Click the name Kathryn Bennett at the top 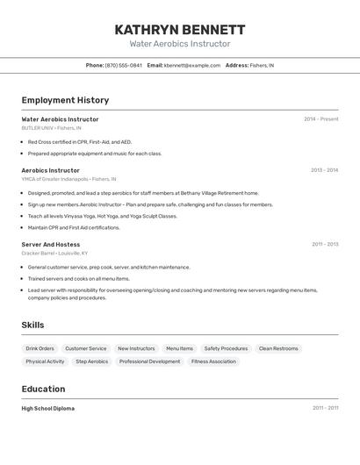pyautogui.click(x=180, y=29)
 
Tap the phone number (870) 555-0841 pyautogui.click(x=124, y=65)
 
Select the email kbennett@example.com pyautogui.click(x=192, y=65)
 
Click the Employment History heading pyautogui.click(x=65, y=100)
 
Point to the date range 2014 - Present pyautogui.click(x=320, y=119)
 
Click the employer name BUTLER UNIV pyautogui.click(x=37, y=128)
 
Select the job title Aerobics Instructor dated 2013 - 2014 pyautogui.click(x=50, y=170)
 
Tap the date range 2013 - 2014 pyautogui.click(x=324, y=170)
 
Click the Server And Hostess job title pyautogui.click(x=50, y=244)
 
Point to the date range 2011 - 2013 pyautogui.click(x=324, y=244)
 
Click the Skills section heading pyautogui.click(x=32, y=325)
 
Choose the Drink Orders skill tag pyautogui.click(x=40, y=348)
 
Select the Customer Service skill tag pyautogui.click(x=86, y=348)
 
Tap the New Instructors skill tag pyautogui.click(x=136, y=348)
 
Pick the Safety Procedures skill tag pyautogui.click(x=226, y=348)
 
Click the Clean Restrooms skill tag pyautogui.click(x=278, y=348)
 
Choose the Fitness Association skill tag pyautogui.click(x=213, y=361)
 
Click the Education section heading pyautogui.click(x=43, y=389)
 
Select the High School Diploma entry pyautogui.click(x=48, y=408)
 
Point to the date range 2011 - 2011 pyautogui.click(x=325, y=408)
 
